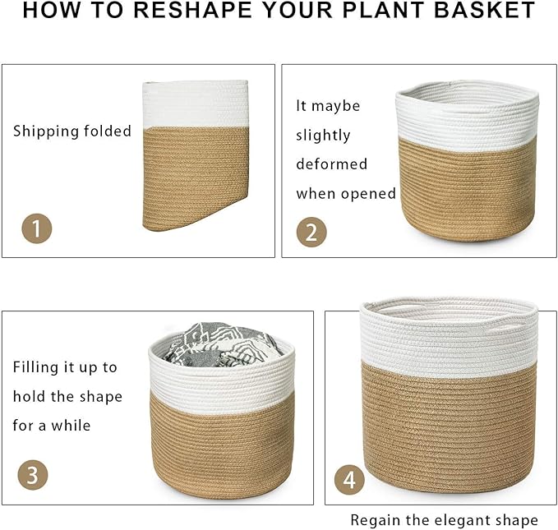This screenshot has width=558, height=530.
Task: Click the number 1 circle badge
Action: pos(36,227)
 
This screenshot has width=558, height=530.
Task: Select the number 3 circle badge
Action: pos(33,475)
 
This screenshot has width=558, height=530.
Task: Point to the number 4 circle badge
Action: pos(350,479)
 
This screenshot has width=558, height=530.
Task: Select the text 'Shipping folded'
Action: pos(72,131)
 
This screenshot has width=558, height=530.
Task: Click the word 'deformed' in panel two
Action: pos(331,164)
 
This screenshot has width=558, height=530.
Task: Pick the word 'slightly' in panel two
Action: pos(323,136)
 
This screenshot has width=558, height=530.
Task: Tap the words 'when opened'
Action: pos(346,194)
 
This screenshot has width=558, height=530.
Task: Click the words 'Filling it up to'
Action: pos(65,367)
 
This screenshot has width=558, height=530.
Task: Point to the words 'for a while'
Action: pos(52,426)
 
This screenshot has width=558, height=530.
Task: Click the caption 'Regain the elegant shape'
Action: pos(444,520)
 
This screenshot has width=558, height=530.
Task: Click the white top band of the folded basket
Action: pos(196,104)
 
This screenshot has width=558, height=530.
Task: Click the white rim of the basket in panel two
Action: pos(467,115)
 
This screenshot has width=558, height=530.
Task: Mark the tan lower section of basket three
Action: pos(222,444)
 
